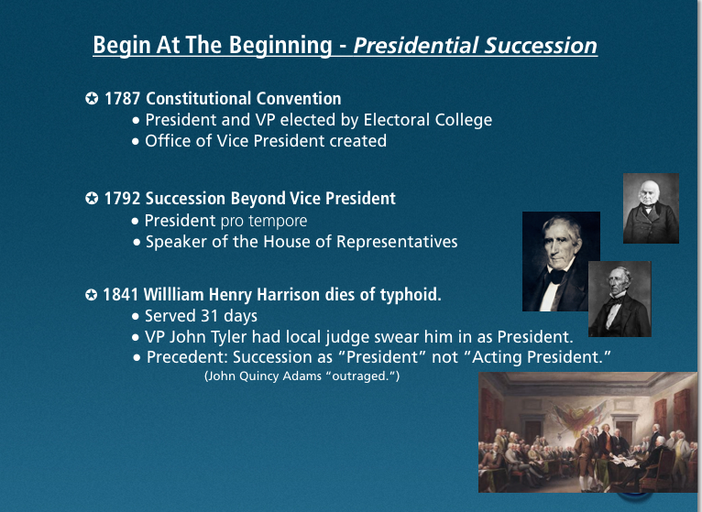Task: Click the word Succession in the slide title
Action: point(541,45)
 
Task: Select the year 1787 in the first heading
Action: point(122,99)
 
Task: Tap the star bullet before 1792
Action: point(92,198)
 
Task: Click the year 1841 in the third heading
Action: point(120,295)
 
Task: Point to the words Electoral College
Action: point(428,120)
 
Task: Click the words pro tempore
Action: point(264,221)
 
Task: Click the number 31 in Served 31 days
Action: point(209,316)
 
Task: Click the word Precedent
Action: point(187,357)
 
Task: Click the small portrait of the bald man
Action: point(651,209)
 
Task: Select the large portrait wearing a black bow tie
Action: point(561,261)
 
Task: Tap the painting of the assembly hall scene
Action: point(587,432)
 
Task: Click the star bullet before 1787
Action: point(92,98)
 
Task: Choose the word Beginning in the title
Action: point(280,46)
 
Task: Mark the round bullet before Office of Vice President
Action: point(136,141)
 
